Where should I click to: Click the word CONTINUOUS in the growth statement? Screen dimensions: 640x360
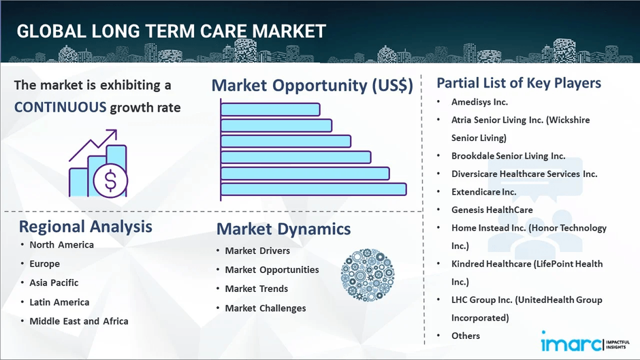click(60, 108)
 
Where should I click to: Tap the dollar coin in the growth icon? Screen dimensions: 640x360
click(110, 180)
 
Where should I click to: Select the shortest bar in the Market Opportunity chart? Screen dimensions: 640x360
click(270, 110)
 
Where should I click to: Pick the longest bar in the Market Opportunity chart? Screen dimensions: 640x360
click(313, 189)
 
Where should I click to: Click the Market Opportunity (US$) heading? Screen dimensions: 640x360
click(313, 85)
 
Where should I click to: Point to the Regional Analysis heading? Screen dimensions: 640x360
click(85, 227)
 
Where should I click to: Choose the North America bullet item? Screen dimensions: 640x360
click(62, 244)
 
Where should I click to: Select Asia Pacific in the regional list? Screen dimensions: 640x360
click(54, 282)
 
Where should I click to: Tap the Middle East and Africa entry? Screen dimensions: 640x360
click(79, 321)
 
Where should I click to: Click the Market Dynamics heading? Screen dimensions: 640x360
click(283, 229)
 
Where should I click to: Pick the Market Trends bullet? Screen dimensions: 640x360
click(256, 289)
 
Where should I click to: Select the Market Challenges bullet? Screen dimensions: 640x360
click(266, 308)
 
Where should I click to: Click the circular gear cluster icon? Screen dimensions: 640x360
click(368, 275)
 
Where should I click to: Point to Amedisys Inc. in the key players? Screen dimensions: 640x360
click(479, 102)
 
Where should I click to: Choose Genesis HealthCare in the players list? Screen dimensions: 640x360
click(492, 210)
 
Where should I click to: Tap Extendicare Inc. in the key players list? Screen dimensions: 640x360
click(483, 192)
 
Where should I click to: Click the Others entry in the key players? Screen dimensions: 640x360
click(465, 336)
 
